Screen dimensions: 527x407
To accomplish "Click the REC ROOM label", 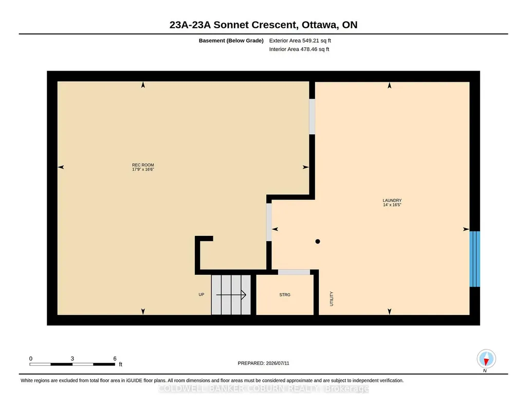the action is [143, 165].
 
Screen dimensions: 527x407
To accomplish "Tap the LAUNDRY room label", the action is [392, 200].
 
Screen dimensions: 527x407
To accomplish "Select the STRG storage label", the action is [285, 295].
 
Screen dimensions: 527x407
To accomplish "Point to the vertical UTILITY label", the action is [332, 299].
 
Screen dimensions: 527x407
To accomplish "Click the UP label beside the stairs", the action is [202, 294].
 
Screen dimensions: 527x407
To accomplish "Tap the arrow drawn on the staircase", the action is [231, 295].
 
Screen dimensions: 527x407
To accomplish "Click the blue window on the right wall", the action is [475, 259].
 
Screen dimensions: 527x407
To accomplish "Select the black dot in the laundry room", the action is [318, 242].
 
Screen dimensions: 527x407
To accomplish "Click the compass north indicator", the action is [486, 359].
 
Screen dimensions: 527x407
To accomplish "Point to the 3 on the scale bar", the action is [72, 359].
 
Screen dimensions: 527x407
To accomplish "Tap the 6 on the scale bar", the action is [115, 359].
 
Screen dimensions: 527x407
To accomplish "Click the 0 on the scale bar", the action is [30, 359].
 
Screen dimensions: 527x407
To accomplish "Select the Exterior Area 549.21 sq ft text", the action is [300, 41].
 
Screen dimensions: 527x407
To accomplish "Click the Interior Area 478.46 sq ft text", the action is [299, 49].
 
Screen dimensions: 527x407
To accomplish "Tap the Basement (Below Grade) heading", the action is [231, 41].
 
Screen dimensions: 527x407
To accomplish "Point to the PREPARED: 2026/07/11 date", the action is [263, 363].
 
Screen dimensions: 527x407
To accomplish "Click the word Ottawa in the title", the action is [319, 25].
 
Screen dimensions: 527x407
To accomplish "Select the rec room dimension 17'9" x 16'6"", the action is [143, 169].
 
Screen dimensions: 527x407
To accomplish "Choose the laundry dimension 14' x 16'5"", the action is [392, 205].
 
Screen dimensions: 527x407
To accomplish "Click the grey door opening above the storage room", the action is [294, 272].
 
